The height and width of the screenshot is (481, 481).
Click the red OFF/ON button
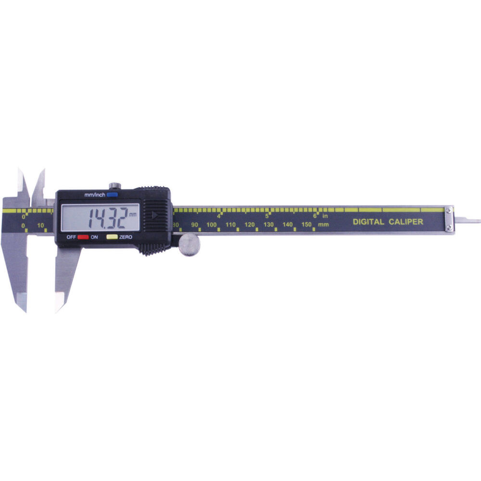point(83,237)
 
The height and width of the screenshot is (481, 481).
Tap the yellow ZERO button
point(112,237)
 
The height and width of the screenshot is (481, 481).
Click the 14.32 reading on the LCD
point(108,218)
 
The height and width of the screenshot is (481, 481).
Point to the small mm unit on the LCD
point(133,215)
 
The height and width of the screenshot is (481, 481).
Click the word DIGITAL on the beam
point(368,222)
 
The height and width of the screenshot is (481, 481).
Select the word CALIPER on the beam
point(406,222)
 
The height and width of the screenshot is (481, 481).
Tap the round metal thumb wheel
point(189,244)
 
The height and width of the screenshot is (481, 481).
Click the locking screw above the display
point(115,186)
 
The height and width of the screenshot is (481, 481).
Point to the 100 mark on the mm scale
point(211,225)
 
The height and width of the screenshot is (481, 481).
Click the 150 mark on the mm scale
point(306,224)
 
